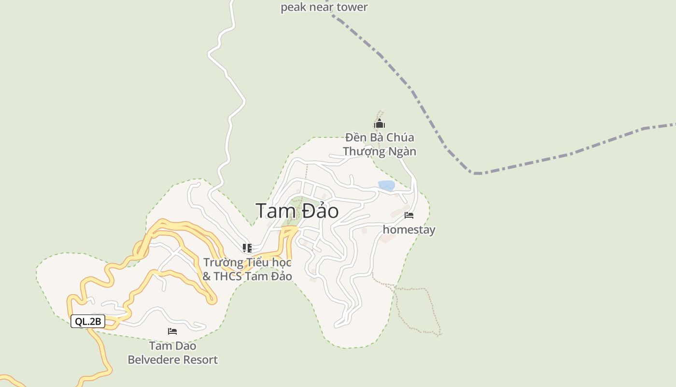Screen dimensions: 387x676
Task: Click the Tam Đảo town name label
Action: tap(297, 211)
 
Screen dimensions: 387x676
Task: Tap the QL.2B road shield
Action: tap(88, 321)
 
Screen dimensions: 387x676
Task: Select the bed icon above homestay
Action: tap(409, 215)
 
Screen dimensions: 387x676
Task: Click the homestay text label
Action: tap(409, 229)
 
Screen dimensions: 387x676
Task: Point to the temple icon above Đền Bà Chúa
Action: tap(380, 124)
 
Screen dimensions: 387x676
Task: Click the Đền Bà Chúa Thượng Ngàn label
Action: tap(380, 144)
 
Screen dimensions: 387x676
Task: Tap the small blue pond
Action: tap(386, 185)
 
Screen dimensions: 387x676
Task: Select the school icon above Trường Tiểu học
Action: tap(247, 248)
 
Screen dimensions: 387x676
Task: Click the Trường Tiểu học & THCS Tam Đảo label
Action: tap(247, 269)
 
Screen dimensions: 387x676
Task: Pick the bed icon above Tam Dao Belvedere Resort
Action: tap(172, 331)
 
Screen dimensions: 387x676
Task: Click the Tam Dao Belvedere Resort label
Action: tap(172, 353)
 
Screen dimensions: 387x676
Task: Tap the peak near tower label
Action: tap(324, 7)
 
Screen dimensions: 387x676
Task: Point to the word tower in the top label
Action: tap(353, 7)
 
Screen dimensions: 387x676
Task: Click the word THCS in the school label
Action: tap(227, 276)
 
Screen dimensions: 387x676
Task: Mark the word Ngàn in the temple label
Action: tap(404, 151)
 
